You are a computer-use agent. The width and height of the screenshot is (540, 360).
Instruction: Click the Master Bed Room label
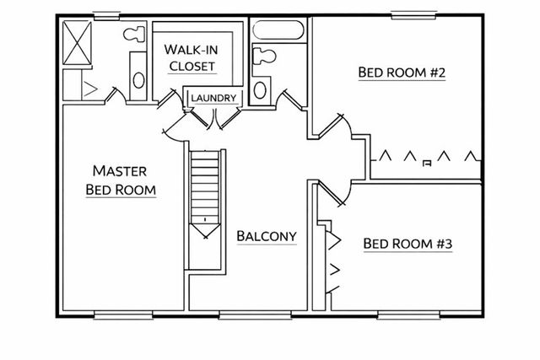[121, 180]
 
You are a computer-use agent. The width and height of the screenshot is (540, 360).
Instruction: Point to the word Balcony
[267, 236]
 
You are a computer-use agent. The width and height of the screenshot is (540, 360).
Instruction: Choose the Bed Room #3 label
[408, 244]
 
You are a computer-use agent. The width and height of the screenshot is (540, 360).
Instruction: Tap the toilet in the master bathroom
[133, 36]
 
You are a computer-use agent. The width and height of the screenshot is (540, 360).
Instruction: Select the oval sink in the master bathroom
[138, 80]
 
